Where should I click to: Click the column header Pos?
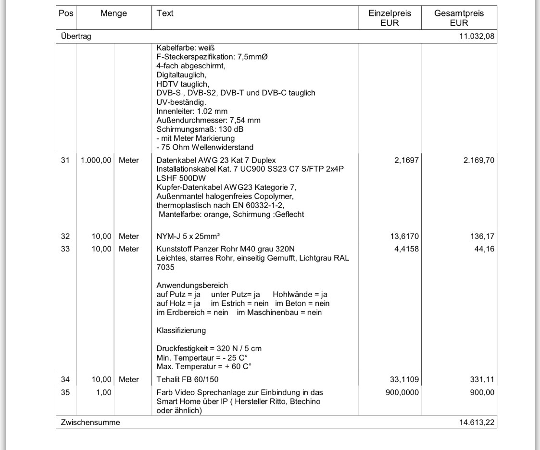[67, 14]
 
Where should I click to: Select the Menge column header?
[113, 14]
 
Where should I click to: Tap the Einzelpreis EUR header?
[389, 18]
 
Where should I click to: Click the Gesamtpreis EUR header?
[459, 18]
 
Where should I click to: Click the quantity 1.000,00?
[96, 160]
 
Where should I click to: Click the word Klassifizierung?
[181, 330]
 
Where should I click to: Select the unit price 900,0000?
[402, 392]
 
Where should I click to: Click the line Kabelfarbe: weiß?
[185, 48]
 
